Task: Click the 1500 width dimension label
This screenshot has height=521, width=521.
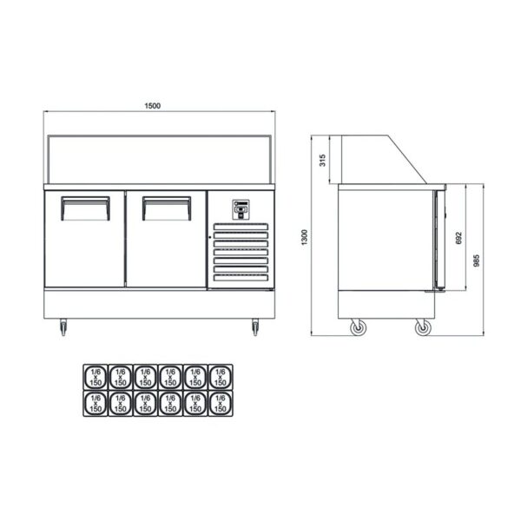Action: (153, 106)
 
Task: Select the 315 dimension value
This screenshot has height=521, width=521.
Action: (322, 160)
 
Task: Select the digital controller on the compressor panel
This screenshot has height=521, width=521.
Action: (241, 208)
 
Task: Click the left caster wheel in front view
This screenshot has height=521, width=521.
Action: (63, 327)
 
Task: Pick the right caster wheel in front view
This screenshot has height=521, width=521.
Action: (255, 327)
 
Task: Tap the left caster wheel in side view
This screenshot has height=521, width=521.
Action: (357, 328)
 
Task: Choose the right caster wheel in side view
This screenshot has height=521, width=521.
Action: (422, 328)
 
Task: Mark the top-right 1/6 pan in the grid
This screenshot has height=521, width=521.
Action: (221, 376)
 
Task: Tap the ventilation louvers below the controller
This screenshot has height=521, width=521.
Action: (241, 255)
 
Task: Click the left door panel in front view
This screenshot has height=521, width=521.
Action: (85, 247)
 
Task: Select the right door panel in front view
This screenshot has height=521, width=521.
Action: (166, 247)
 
